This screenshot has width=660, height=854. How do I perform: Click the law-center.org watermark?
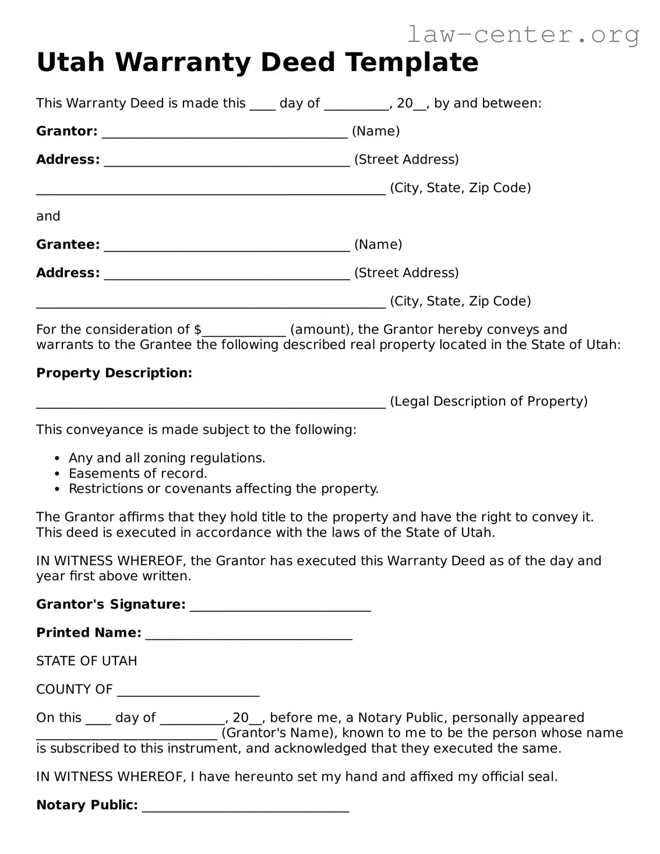[523, 34]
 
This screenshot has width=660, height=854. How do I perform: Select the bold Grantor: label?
[66, 131]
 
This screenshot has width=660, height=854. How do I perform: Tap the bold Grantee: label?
[68, 245]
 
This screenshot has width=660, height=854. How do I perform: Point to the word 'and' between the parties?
[48, 216]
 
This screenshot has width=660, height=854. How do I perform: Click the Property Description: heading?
[114, 373]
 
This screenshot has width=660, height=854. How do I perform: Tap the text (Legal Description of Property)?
[488, 401]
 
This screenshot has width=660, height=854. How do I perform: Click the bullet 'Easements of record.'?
[137, 474]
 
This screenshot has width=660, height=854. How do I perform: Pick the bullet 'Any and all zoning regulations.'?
[167, 458]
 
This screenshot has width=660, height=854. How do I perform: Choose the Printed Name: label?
[89, 633]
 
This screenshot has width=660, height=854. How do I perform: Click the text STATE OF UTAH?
[87, 661]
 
